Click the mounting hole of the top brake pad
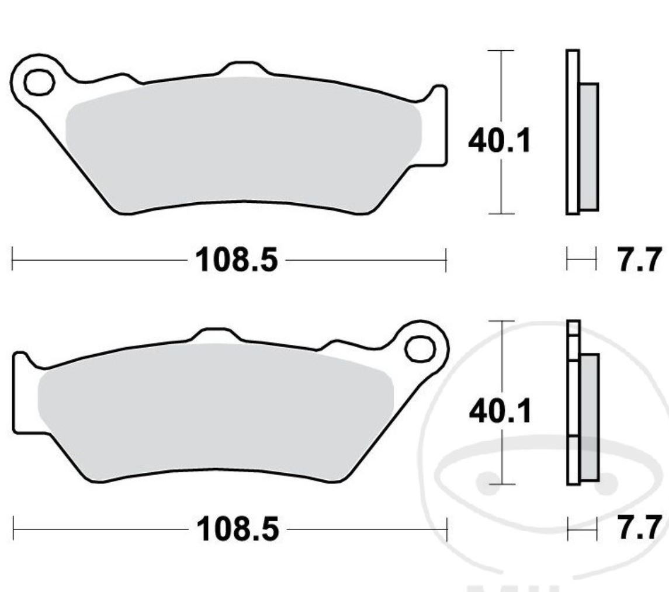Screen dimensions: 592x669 pyautogui.click(x=39, y=82)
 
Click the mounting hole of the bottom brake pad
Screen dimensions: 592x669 pyautogui.click(x=420, y=349)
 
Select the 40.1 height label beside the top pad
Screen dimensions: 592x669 pyautogui.click(x=500, y=141)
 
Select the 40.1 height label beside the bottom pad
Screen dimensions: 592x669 pyautogui.click(x=500, y=412)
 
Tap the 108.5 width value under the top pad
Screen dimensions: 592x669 pyautogui.click(x=236, y=259)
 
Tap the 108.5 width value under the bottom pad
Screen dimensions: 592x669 pyautogui.click(x=237, y=530)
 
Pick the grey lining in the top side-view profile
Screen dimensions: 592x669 pyautogui.click(x=589, y=146)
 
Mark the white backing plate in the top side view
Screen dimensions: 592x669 pyautogui.click(x=573, y=131)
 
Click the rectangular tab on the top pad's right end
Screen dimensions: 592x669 pyautogui.click(x=439, y=126)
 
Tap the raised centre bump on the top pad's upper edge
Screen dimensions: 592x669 pyautogui.click(x=242, y=67)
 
